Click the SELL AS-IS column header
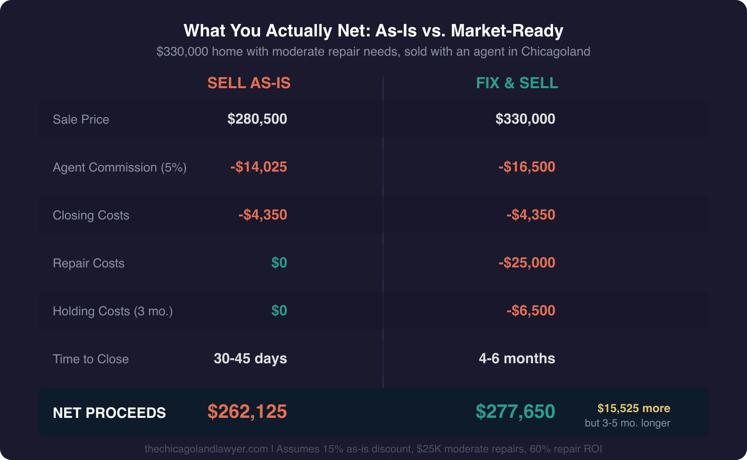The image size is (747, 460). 249,83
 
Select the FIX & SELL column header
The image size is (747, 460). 517,83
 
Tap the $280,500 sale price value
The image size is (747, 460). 257,119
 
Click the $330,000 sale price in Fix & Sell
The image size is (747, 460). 525,119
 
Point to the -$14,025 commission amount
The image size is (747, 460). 259,167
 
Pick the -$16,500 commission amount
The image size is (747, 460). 527,167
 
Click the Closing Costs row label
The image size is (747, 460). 91,215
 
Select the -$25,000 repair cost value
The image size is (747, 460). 527,263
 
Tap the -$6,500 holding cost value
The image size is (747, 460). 531,310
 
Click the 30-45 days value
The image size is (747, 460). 250,358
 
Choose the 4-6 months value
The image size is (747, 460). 517,358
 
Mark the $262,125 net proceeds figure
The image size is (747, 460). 247,412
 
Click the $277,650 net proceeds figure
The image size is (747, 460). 515,412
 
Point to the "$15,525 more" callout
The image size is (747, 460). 634,408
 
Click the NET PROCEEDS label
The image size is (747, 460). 109,413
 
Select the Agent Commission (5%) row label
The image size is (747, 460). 120,167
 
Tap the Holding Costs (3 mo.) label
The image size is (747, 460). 113,311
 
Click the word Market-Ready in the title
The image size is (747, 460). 507,31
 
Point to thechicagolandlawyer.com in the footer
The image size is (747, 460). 206,449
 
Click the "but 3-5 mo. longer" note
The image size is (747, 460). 627,423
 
